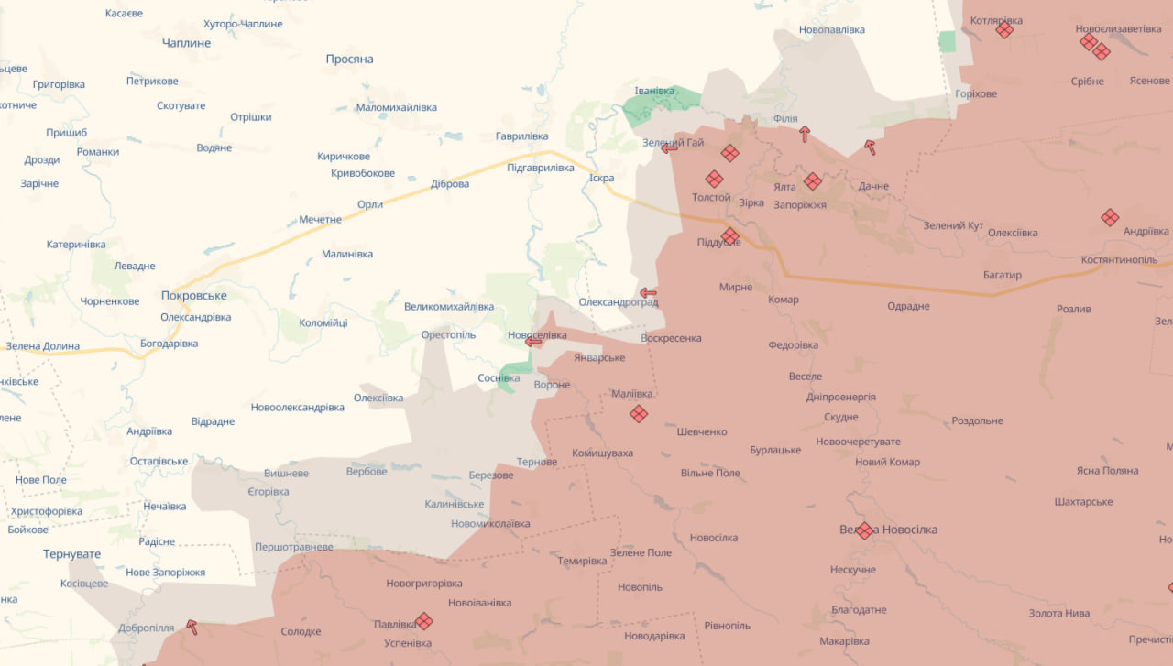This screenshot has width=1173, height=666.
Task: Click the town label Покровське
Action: click(193, 296)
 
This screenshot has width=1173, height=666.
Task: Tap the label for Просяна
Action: click(349, 59)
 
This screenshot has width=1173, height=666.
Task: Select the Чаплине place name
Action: click(186, 43)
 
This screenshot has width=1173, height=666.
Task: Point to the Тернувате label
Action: click(71, 554)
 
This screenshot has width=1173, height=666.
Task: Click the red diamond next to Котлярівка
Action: click(1004, 29)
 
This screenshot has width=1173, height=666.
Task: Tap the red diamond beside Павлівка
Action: click(423, 621)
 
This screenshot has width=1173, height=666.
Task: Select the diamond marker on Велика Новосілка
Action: click(864, 530)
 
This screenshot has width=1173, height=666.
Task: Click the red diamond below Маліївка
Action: click(639, 414)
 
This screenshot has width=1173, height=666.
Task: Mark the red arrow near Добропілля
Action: click(192, 628)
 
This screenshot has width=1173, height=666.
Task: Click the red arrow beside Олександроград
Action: click(648, 293)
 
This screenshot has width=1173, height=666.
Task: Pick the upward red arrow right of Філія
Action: click(805, 134)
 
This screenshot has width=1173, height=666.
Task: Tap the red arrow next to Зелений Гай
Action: click(670, 148)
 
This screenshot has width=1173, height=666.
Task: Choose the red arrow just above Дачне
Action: click(869, 147)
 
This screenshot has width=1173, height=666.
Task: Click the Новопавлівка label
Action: click(831, 30)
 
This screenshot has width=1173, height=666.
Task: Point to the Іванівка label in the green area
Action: click(654, 91)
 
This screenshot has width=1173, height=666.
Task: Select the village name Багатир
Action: click(1002, 275)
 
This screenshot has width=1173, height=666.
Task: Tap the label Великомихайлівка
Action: click(449, 306)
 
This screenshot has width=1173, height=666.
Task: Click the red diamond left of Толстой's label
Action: click(714, 179)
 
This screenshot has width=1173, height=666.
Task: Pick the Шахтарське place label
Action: click(1083, 502)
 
